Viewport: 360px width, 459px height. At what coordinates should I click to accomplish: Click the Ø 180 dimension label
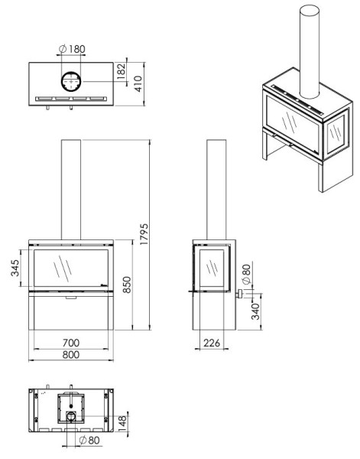tap(72, 49)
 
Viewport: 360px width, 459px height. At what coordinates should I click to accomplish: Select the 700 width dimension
tap(71, 343)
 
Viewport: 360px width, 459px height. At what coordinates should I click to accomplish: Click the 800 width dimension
tap(71, 355)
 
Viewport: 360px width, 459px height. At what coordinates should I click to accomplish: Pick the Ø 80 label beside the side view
tap(246, 272)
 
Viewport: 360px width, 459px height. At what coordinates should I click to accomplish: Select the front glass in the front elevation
tap(70, 268)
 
